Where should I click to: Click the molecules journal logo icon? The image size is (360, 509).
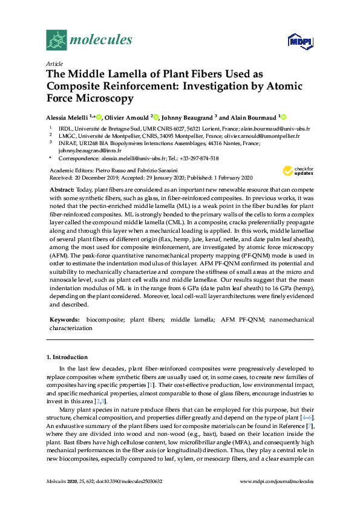pos(57,41)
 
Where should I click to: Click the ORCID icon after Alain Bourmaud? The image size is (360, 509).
pos(283,117)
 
